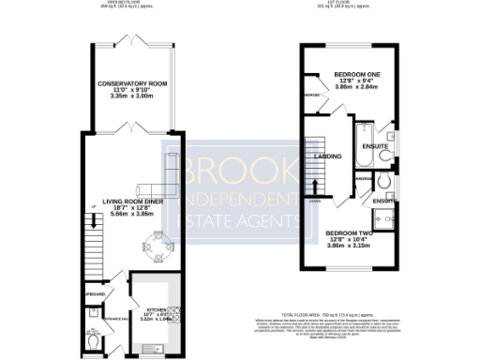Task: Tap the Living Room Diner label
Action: tap(132, 200)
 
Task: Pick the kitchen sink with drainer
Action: tap(155, 349)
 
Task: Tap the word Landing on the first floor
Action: tap(328, 156)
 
